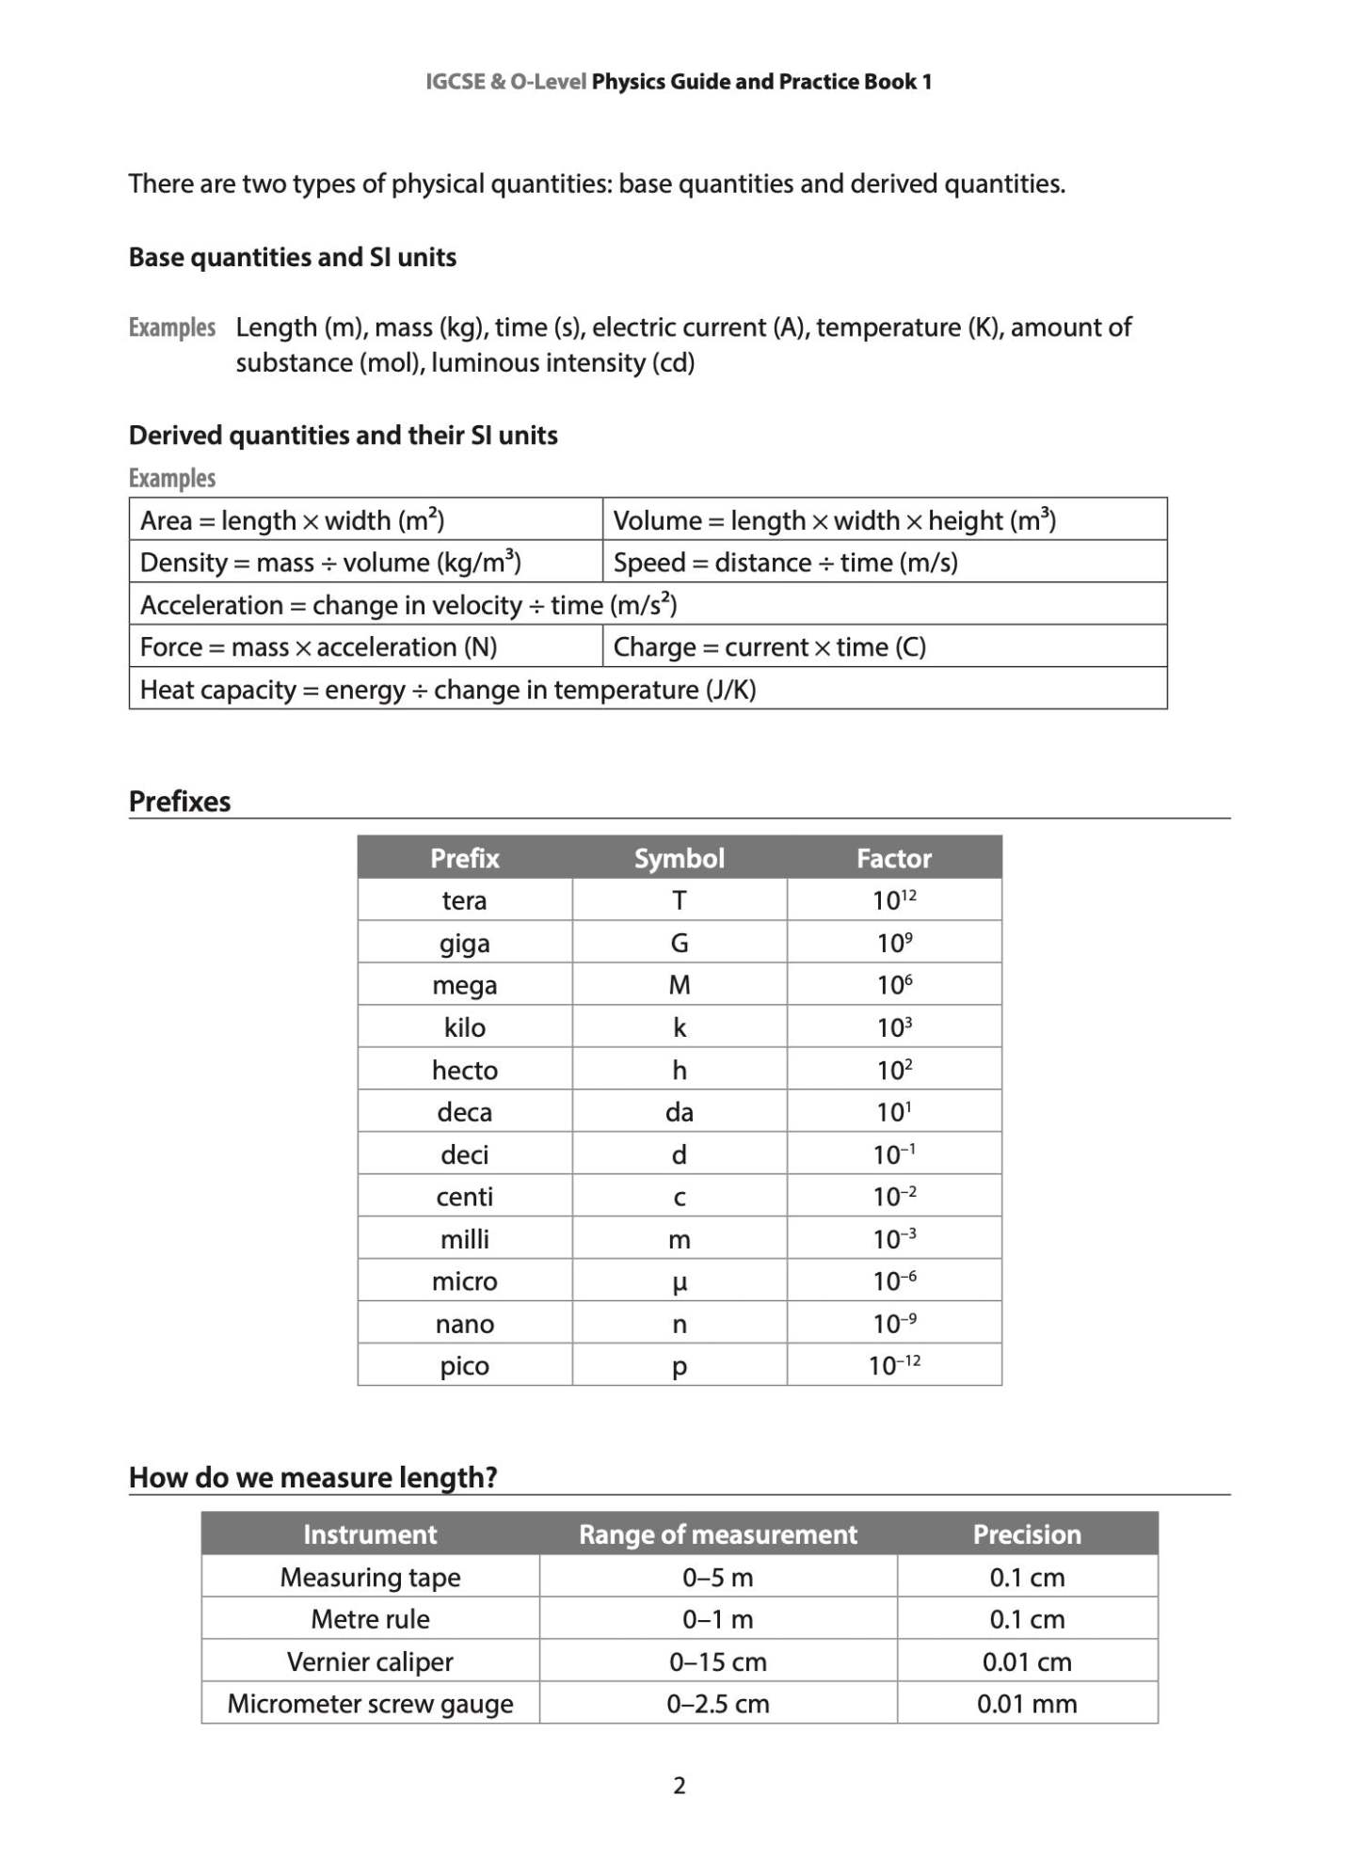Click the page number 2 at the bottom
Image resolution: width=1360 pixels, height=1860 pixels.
680,1785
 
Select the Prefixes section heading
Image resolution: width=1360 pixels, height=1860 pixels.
180,802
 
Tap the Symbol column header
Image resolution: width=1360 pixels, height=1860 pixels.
679,858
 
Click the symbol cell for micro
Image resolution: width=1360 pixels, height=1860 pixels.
679,1281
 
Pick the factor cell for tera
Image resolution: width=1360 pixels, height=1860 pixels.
893,900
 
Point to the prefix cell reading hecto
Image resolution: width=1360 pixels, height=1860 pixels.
464,1070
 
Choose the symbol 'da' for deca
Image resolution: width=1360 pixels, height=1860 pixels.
679,1112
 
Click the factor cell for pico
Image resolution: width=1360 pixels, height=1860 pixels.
893,1365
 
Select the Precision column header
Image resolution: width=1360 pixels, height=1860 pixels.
1027,1534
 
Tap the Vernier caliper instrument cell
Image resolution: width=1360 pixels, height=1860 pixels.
370,1661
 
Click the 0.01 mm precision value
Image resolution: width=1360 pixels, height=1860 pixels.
1027,1704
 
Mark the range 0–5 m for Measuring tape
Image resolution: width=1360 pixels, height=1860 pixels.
717,1577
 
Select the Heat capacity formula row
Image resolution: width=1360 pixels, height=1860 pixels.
448,690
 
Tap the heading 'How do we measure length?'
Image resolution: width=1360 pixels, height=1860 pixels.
312,1477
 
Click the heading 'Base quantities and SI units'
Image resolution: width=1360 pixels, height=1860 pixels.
292,258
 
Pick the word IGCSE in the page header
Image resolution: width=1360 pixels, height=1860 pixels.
455,82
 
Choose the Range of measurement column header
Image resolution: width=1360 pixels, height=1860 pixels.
717,1534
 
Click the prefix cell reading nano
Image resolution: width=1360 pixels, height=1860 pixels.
464,1324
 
